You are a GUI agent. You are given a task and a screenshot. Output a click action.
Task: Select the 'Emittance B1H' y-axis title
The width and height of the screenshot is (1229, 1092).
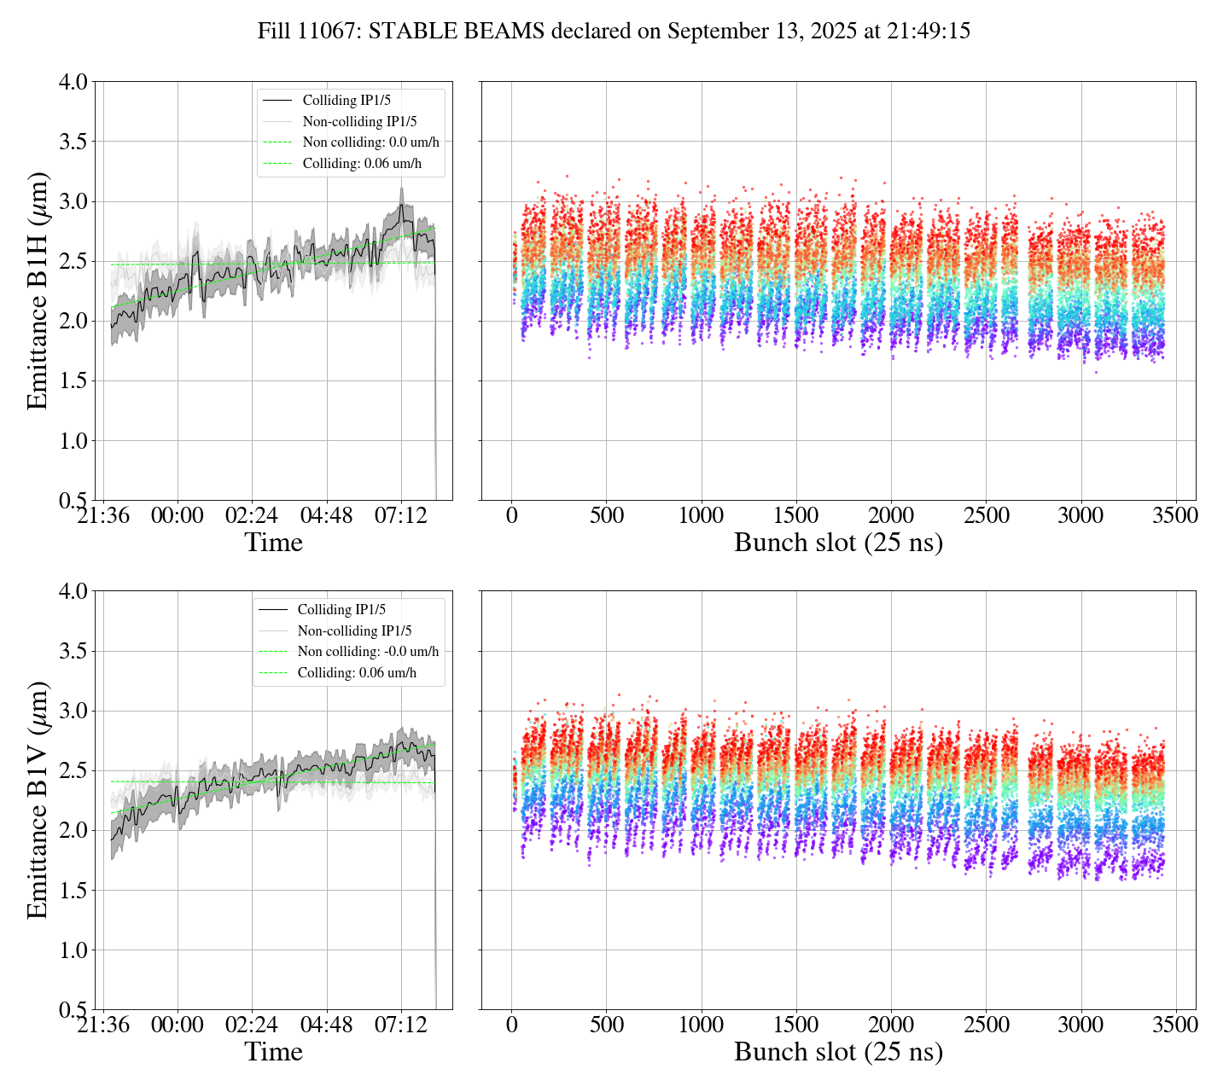pyautogui.click(x=38, y=291)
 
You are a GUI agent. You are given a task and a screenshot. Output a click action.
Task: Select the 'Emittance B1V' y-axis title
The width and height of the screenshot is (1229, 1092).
pyautogui.click(x=38, y=800)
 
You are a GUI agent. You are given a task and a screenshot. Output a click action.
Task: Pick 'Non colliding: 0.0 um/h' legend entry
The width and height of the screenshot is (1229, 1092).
pyautogui.click(x=370, y=142)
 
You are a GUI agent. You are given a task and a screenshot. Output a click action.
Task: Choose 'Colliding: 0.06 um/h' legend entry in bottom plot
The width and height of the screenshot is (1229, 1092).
pyautogui.click(x=357, y=673)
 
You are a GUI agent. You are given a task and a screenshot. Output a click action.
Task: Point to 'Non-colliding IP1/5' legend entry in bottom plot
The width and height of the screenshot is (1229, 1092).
pyautogui.click(x=354, y=631)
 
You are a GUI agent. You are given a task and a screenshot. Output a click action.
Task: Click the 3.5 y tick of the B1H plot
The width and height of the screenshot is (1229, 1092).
pyautogui.click(x=73, y=142)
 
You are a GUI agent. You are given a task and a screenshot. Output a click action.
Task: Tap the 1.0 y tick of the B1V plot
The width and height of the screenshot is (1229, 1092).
pyautogui.click(x=73, y=950)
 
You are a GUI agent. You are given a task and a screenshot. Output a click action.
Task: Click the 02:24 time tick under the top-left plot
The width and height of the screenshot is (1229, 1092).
pyautogui.click(x=252, y=516)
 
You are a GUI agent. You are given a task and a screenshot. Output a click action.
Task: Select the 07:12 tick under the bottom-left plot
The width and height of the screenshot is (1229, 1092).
pyautogui.click(x=401, y=1025)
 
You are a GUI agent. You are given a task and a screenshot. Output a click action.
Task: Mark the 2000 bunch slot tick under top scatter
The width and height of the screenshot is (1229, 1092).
pyautogui.click(x=891, y=516)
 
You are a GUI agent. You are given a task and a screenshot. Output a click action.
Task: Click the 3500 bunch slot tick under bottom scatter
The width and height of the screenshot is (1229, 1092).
pyautogui.click(x=1175, y=1025)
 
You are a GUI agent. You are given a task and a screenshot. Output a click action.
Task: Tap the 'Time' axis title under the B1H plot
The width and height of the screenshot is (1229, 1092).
pyautogui.click(x=273, y=543)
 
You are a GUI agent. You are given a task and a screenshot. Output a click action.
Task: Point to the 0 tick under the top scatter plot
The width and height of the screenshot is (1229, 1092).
pyautogui.click(x=511, y=516)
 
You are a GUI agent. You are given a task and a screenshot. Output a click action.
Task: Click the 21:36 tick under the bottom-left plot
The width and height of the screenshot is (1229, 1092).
pyautogui.click(x=103, y=1025)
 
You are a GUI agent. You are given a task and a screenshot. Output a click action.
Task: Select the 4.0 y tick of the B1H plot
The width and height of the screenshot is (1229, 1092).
pyautogui.click(x=73, y=82)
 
